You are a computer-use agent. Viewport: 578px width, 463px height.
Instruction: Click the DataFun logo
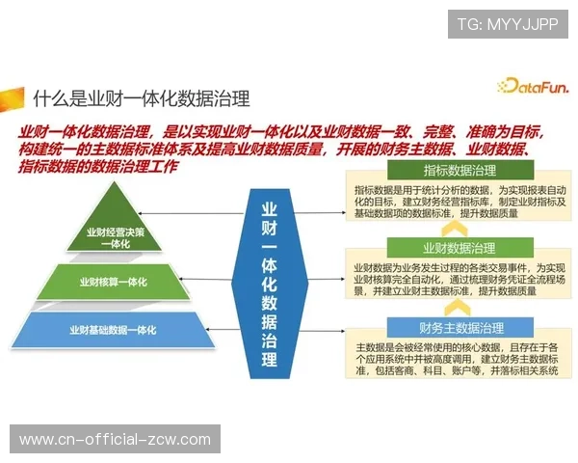(x=534, y=86)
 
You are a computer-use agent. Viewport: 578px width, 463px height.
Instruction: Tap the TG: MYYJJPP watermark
(x=508, y=24)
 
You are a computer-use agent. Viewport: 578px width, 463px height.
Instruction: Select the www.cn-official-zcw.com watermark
(x=115, y=440)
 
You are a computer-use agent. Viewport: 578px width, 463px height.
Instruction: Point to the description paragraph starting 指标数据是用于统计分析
(x=458, y=203)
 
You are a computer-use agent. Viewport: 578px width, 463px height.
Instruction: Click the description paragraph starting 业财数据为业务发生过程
(x=458, y=278)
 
